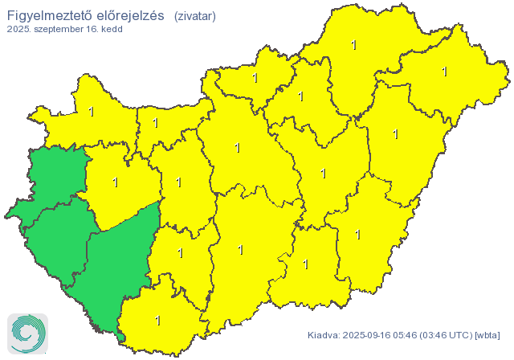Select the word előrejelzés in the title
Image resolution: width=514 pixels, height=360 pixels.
click(x=131, y=14)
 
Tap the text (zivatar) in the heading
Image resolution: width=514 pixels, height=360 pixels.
click(x=194, y=14)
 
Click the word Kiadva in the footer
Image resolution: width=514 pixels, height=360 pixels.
click(x=323, y=334)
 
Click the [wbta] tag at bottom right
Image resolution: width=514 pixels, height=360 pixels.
click(x=488, y=334)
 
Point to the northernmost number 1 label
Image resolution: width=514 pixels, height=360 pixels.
click(x=354, y=45)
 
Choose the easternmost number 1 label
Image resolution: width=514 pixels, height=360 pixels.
click(x=444, y=72)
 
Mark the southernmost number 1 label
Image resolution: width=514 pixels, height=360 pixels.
click(x=157, y=321)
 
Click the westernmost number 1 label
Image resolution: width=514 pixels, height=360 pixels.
click(x=91, y=112)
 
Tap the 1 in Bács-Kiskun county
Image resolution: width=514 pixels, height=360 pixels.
click(x=241, y=250)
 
